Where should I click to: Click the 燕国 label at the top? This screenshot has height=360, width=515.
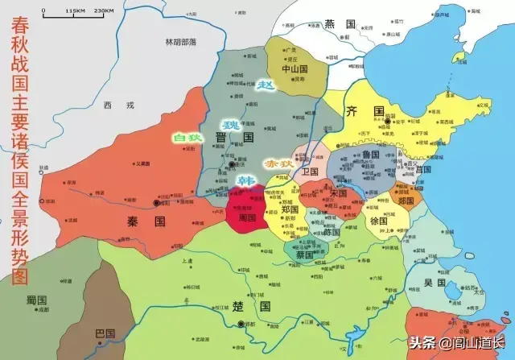tap(334, 25)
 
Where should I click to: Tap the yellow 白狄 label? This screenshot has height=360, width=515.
tap(186, 138)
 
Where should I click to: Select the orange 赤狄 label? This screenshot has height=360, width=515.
tap(278, 163)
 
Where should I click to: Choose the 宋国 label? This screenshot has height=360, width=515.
tap(338, 193)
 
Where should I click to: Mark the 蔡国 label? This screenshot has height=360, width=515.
tap(305, 254)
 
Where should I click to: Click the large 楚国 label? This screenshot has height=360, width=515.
tap(249, 306)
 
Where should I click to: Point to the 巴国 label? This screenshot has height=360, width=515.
tap(105, 333)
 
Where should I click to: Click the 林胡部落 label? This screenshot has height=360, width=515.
tap(181, 41)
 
